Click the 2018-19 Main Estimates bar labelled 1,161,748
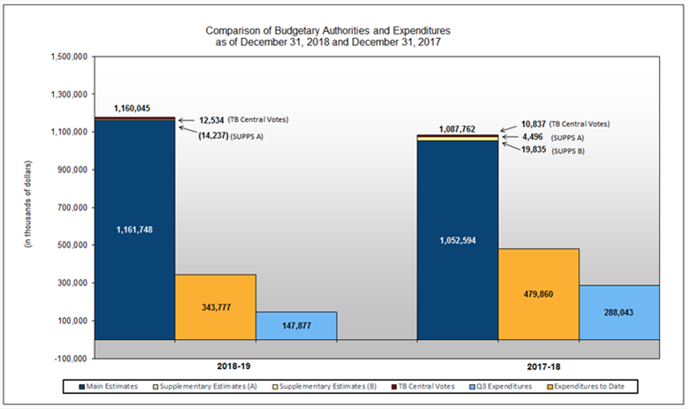134,230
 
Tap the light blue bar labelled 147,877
296,326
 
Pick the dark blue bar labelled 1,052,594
457,240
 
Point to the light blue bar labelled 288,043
619,313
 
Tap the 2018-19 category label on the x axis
215,365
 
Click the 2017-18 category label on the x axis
538,365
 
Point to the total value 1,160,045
132,108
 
